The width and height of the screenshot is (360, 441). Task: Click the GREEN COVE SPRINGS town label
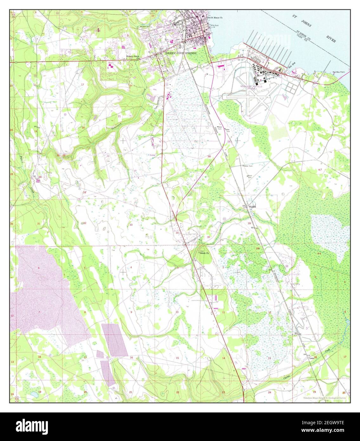pos(181,53)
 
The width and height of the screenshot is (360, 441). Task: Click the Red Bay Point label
pos(338,72)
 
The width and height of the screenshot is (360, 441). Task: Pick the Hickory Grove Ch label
pos(133,57)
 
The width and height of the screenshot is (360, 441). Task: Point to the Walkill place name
pos(252,207)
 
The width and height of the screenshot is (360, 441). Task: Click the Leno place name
pos(311,358)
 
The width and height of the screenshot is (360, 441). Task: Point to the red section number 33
pos(131,225)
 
